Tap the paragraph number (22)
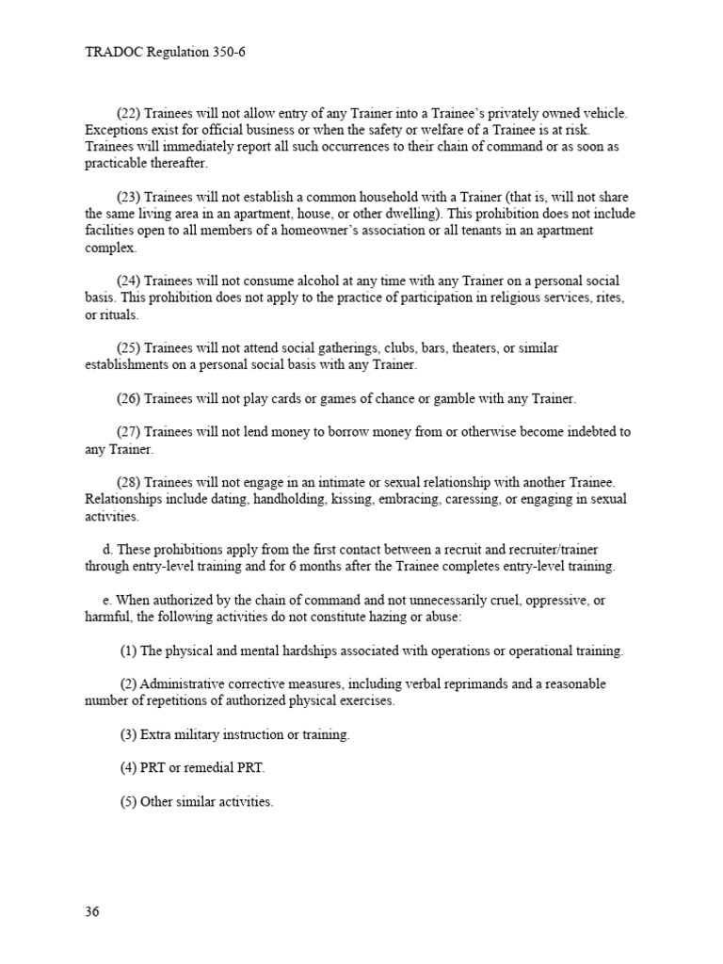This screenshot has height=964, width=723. (129, 113)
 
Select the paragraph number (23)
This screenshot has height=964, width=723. (129, 198)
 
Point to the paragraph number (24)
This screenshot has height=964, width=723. (129, 281)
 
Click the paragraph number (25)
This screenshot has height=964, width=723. (129, 348)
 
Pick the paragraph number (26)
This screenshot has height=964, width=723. (129, 399)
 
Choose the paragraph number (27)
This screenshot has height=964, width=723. (129, 432)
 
